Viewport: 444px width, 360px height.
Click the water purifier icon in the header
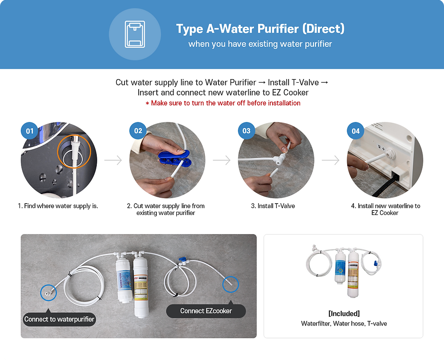135,34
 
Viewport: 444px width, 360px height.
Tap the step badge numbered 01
30,131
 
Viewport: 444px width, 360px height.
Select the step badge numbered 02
138,130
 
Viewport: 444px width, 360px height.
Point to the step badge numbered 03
246,130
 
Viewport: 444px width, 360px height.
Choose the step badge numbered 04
355,131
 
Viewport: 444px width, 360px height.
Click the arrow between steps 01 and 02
113,160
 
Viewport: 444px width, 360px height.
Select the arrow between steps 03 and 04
330,160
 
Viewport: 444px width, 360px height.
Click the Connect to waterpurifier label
59,319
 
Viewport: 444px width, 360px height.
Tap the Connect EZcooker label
206,311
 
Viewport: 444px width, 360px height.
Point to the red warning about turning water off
223,103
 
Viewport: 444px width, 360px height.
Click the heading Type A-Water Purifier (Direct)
260,29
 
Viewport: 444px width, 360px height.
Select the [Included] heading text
344,314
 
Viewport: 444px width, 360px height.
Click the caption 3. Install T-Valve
273,206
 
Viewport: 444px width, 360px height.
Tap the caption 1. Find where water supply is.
58,206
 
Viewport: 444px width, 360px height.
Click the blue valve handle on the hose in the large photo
182,260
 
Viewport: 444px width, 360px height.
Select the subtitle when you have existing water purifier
260,44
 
